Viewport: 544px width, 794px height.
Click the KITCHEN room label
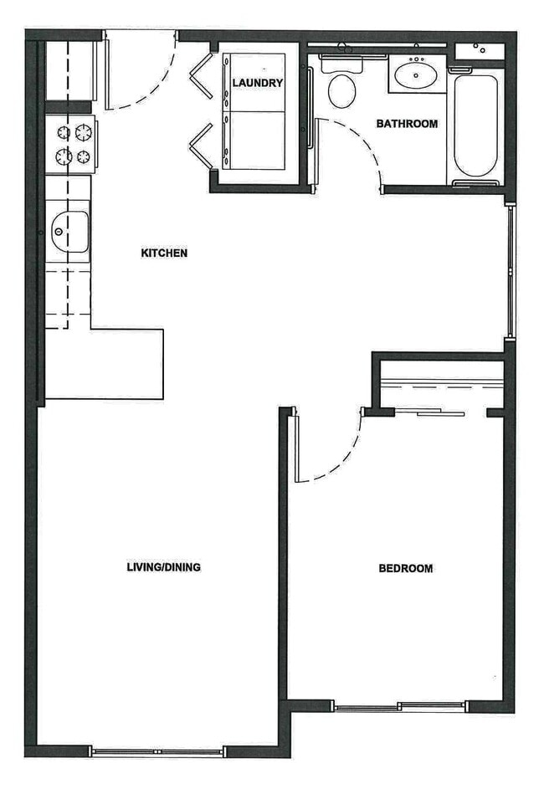click(x=164, y=253)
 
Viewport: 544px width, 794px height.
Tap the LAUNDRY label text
click(x=258, y=83)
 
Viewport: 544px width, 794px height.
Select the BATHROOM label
click(x=407, y=124)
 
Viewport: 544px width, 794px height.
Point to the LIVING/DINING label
click(x=163, y=567)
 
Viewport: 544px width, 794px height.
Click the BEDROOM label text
click(x=406, y=569)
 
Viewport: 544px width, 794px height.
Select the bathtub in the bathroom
click(x=476, y=126)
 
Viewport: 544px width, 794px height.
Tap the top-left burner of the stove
click(x=64, y=132)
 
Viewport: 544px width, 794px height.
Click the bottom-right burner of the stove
click(x=84, y=156)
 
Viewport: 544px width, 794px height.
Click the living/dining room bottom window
click(x=157, y=752)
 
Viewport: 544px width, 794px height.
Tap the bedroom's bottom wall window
click(x=399, y=707)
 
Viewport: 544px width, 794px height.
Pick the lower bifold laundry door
click(x=201, y=146)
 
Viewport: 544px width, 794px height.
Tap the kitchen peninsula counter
click(x=105, y=364)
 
